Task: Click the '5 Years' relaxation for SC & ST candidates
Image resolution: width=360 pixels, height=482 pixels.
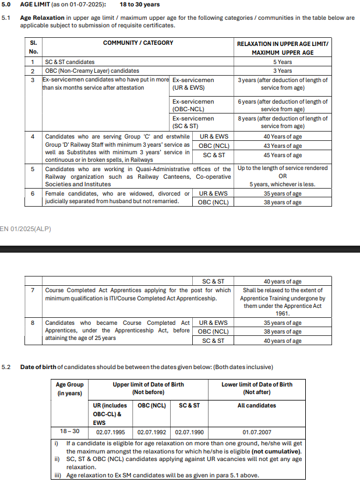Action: coord(283,62)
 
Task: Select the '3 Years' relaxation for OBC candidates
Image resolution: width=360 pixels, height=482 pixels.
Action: coord(283,70)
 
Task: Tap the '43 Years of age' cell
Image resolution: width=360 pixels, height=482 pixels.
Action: coord(283,146)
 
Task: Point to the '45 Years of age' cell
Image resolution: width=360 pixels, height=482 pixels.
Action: coord(283,155)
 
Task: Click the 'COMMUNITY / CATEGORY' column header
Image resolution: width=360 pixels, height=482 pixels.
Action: coord(138,43)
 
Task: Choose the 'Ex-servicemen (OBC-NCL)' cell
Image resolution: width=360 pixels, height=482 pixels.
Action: coord(193,105)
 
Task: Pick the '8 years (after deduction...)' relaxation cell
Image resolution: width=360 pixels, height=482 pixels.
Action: coord(283,122)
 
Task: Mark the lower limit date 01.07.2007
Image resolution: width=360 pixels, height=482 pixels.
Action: coord(257,432)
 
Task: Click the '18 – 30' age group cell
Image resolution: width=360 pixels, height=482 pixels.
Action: coord(70,431)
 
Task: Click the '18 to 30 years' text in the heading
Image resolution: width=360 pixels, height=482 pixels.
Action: coord(139,5)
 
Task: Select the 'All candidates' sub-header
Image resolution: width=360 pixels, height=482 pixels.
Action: coord(257,406)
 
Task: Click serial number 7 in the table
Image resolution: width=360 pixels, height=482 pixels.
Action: coord(33,290)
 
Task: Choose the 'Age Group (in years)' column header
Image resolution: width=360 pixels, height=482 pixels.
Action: coord(70,389)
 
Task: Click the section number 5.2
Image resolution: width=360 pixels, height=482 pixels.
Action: coord(6,367)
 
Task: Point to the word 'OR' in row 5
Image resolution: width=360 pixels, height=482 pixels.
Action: coord(283,176)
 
